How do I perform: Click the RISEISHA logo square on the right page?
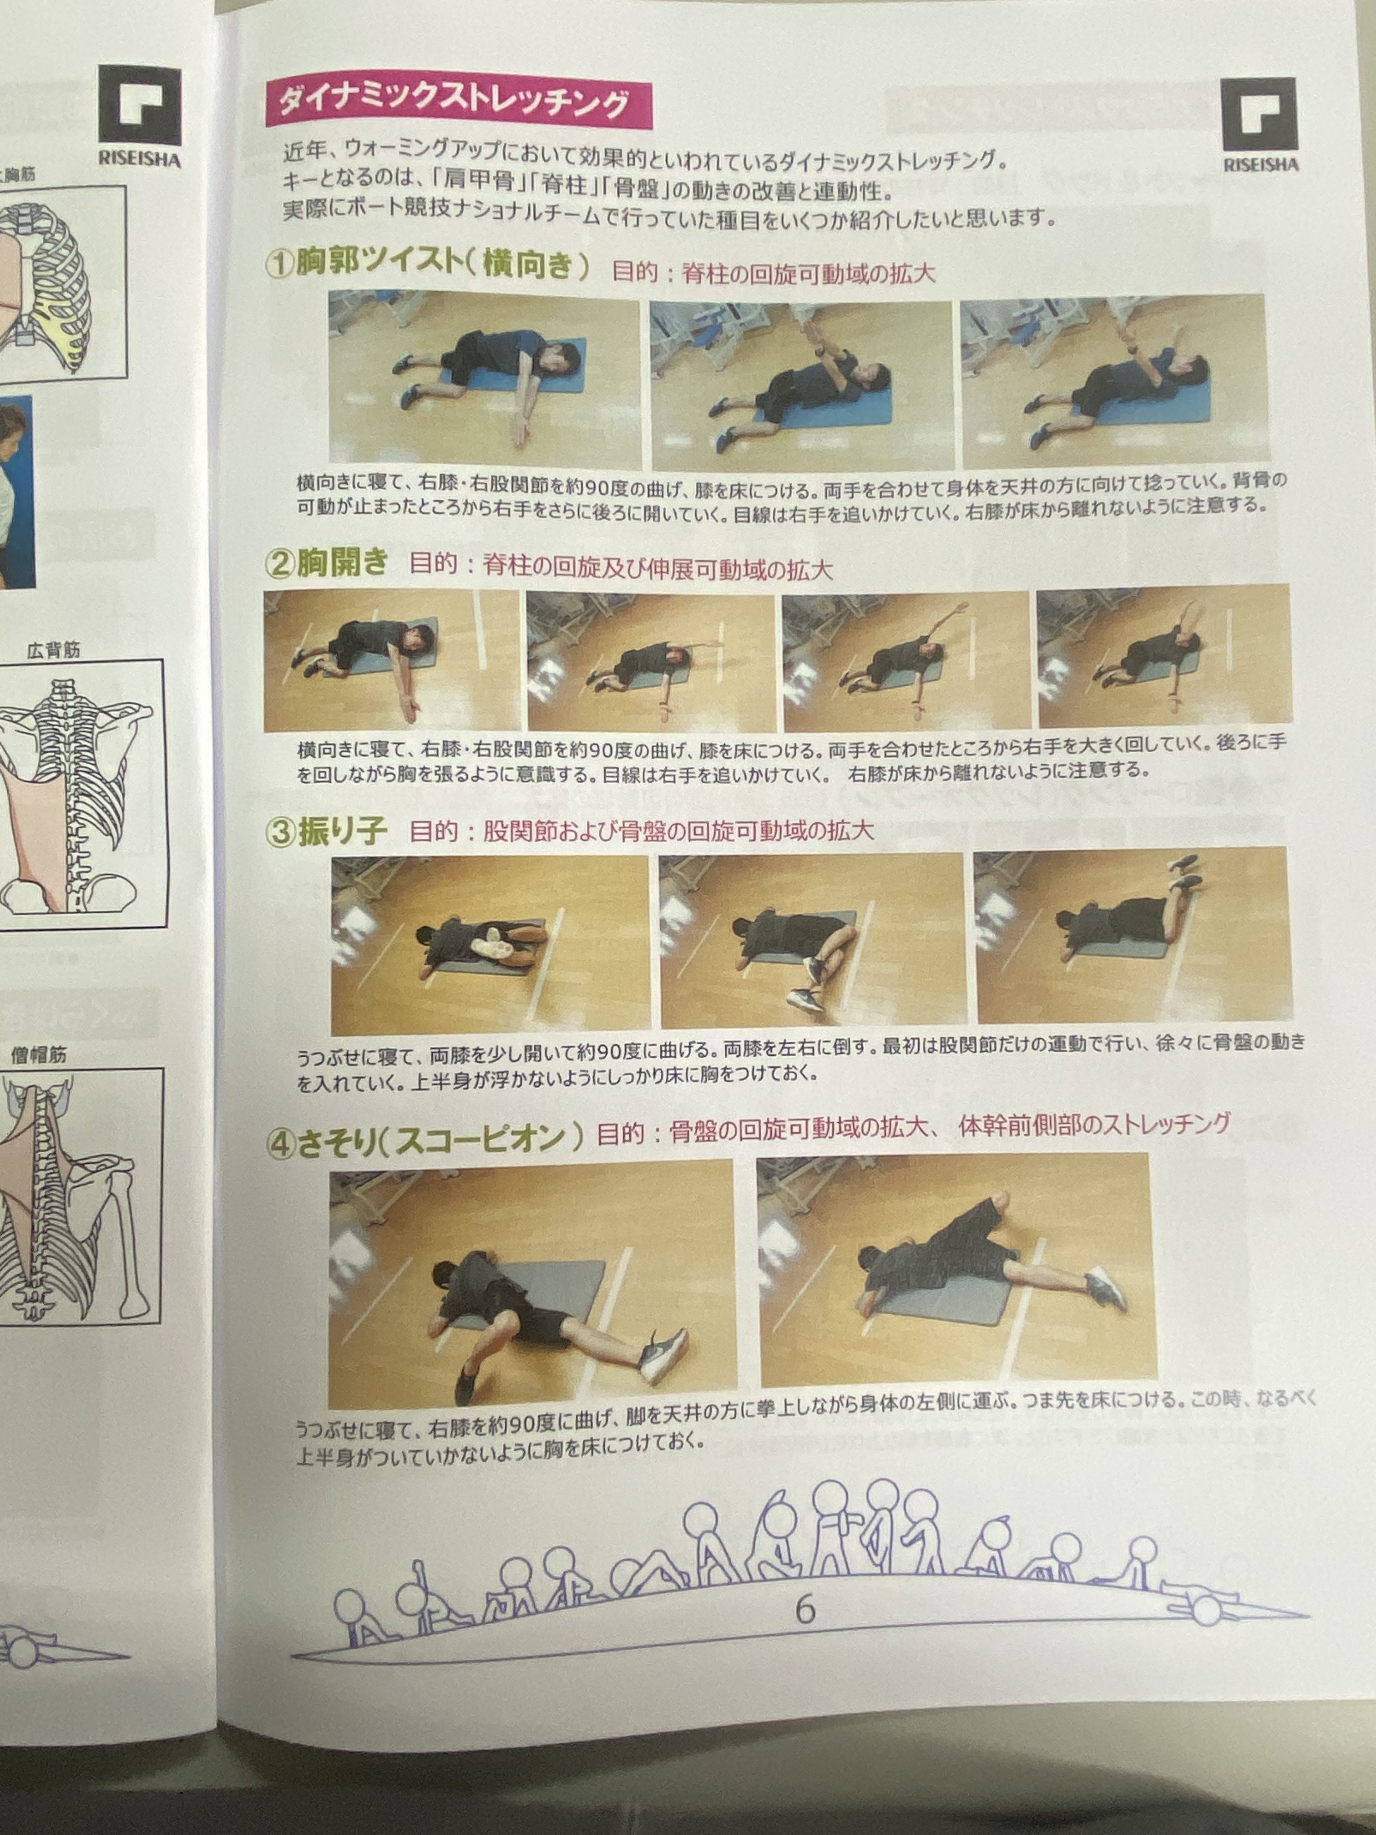(1259, 115)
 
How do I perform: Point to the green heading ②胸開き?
(326, 563)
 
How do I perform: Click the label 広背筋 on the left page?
(53, 650)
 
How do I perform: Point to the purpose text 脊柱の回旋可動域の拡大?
(809, 274)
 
